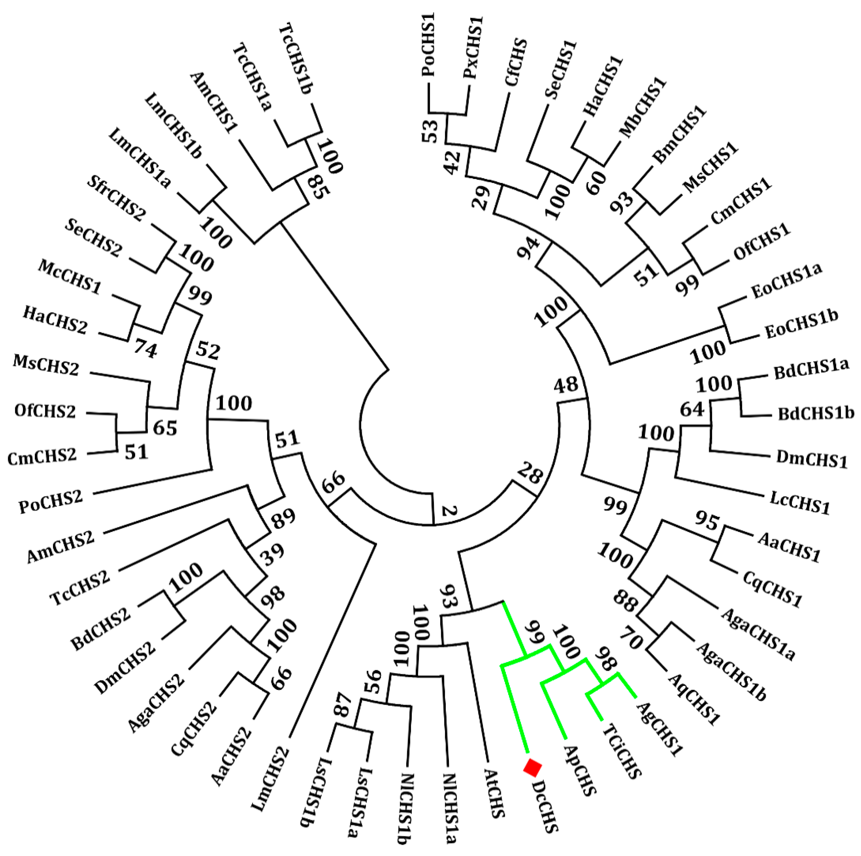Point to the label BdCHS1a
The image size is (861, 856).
pos(811,369)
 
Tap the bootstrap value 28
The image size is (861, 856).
pos(530,473)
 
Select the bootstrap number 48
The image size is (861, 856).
pos(566,384)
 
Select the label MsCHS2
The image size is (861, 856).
pos(46,365)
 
